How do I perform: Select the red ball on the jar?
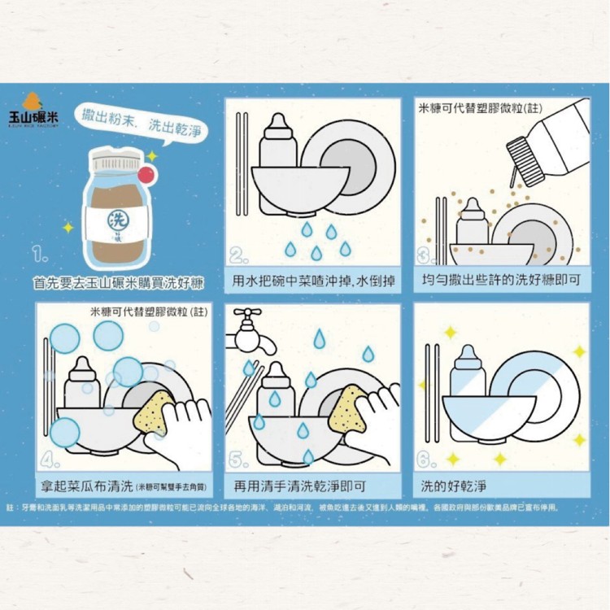[x=146, y=173]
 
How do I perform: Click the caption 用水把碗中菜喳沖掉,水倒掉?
[x=313, y=281]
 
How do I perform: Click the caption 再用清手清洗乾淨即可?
[x=299, y=487]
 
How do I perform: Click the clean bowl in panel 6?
[x=488, y=415]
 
